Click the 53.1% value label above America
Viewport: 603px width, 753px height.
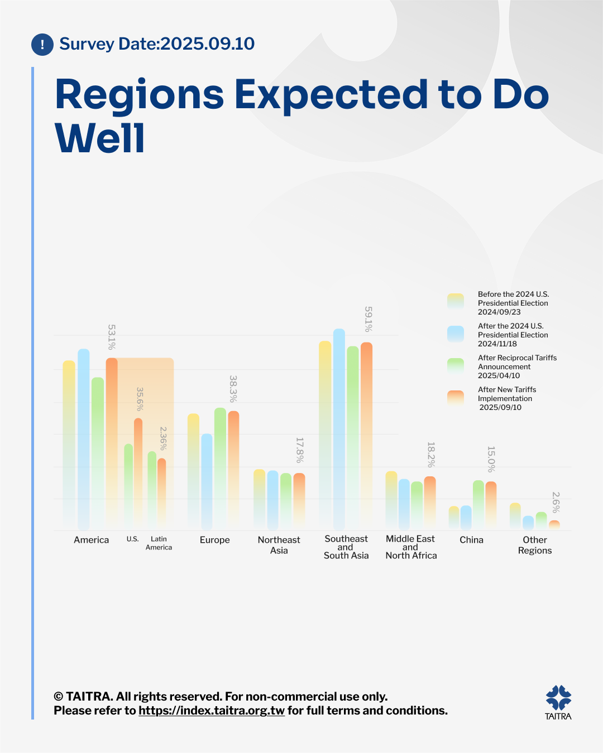click(x=112, y=337)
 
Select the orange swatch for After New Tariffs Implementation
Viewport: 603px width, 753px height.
click(x=456, y=398)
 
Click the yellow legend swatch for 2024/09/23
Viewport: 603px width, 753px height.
click(x=456, y=301)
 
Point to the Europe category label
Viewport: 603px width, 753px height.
click(x=215, y=540)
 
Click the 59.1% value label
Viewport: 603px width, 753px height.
click(x=368, y=319)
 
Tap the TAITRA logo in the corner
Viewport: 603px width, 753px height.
click(x=558, y=702)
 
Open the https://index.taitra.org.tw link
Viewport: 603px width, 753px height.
click(x=212, y=711)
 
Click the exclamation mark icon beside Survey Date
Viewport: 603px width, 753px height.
click(x=42, y=45)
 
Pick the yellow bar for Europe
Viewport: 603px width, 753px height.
click(x=193, y=471)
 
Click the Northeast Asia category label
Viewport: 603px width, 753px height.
click(x=279, y=545)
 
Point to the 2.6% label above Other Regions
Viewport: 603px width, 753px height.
click(x=556, y=502)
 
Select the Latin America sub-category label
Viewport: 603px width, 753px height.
click(x=159, y=543)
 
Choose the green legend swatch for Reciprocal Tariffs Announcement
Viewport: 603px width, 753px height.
click(x=456, y=366)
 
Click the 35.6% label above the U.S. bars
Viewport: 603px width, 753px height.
click(x=140, y=399)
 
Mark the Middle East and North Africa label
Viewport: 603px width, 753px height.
click(x=411, y=547)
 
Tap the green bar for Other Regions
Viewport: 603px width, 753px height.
click(x=541, y=520)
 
